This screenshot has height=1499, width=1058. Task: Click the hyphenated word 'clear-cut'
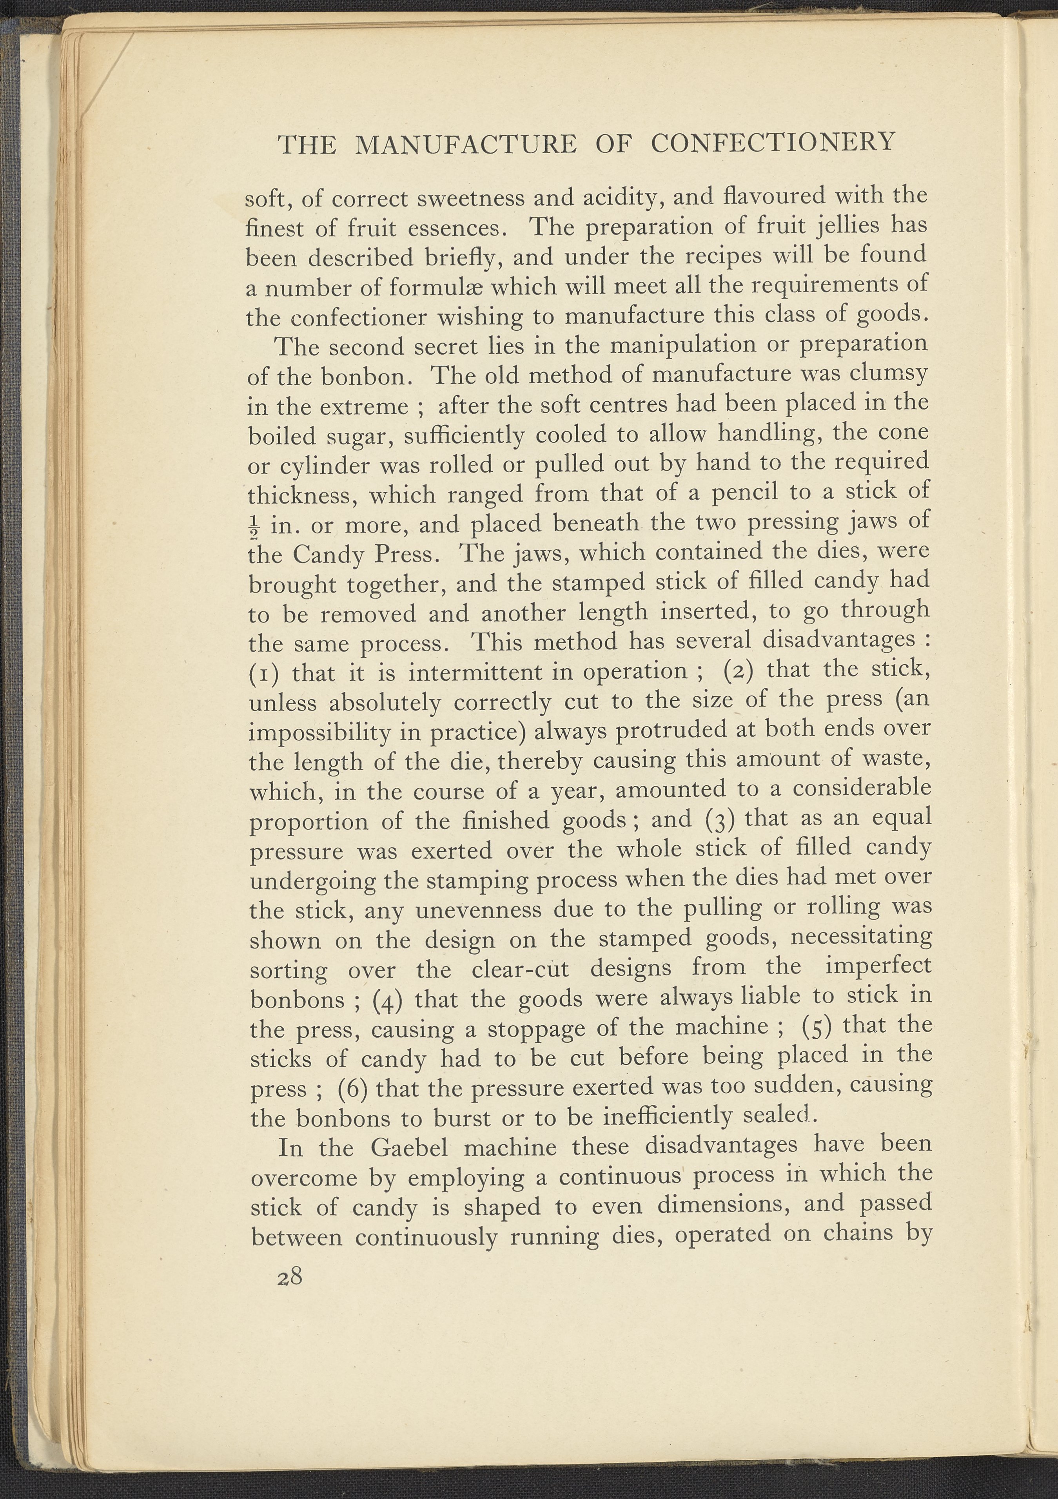tap(521, 969)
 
